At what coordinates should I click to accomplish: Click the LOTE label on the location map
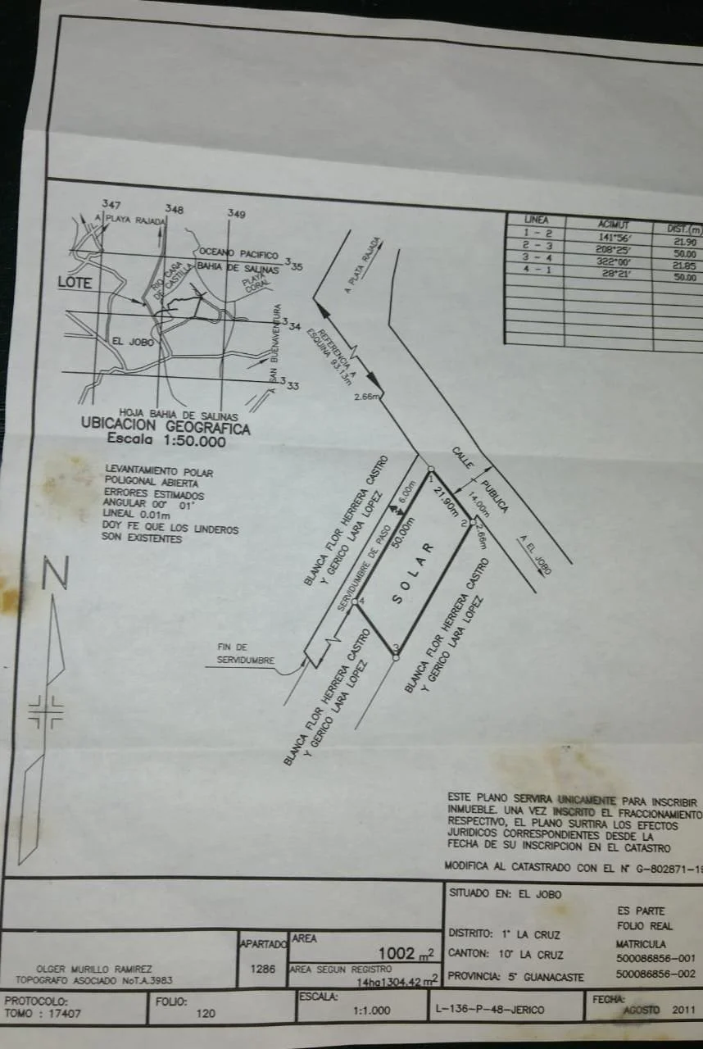coord(75,283)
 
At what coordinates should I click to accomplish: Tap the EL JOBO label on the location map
coord(133,342)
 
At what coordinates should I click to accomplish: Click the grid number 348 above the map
coord(174,209)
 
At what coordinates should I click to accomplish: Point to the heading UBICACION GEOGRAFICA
coord(165,428)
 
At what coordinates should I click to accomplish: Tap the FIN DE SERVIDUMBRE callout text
coord(246,653)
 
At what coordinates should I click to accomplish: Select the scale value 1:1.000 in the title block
coord(371,1011)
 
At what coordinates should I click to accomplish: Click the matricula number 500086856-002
coord(655,974)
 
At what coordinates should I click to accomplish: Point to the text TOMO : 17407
coord(43,1013)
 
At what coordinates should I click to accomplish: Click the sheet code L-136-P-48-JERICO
coord(497,1010)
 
